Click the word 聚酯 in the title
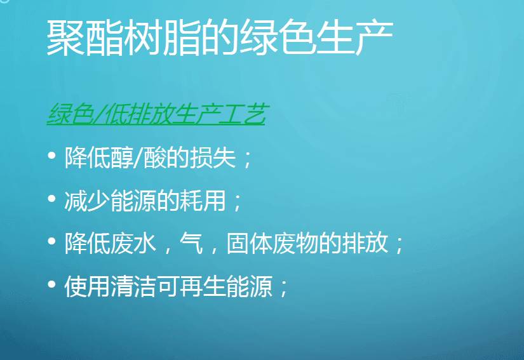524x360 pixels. tap(84, 37)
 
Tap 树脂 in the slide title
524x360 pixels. tap(162, 37)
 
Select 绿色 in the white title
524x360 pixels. tap(278, 37)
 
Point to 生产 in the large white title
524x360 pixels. tap(355, 37)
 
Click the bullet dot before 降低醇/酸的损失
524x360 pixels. tap(51, 156)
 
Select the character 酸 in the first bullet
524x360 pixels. tap(155, 157)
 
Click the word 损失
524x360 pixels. tap(213, 157)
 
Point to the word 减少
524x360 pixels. tap(87, 201)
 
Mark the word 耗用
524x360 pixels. tap(203, 201)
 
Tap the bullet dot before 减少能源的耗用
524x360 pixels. tap(51, 198)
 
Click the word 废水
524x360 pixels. tap(133, 243)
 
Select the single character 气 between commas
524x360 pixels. tap(191, 243)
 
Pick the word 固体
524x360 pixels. tap(250, 243)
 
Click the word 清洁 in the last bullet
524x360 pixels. tap(133, 286)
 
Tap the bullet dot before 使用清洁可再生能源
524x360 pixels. tap(51, 284)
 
